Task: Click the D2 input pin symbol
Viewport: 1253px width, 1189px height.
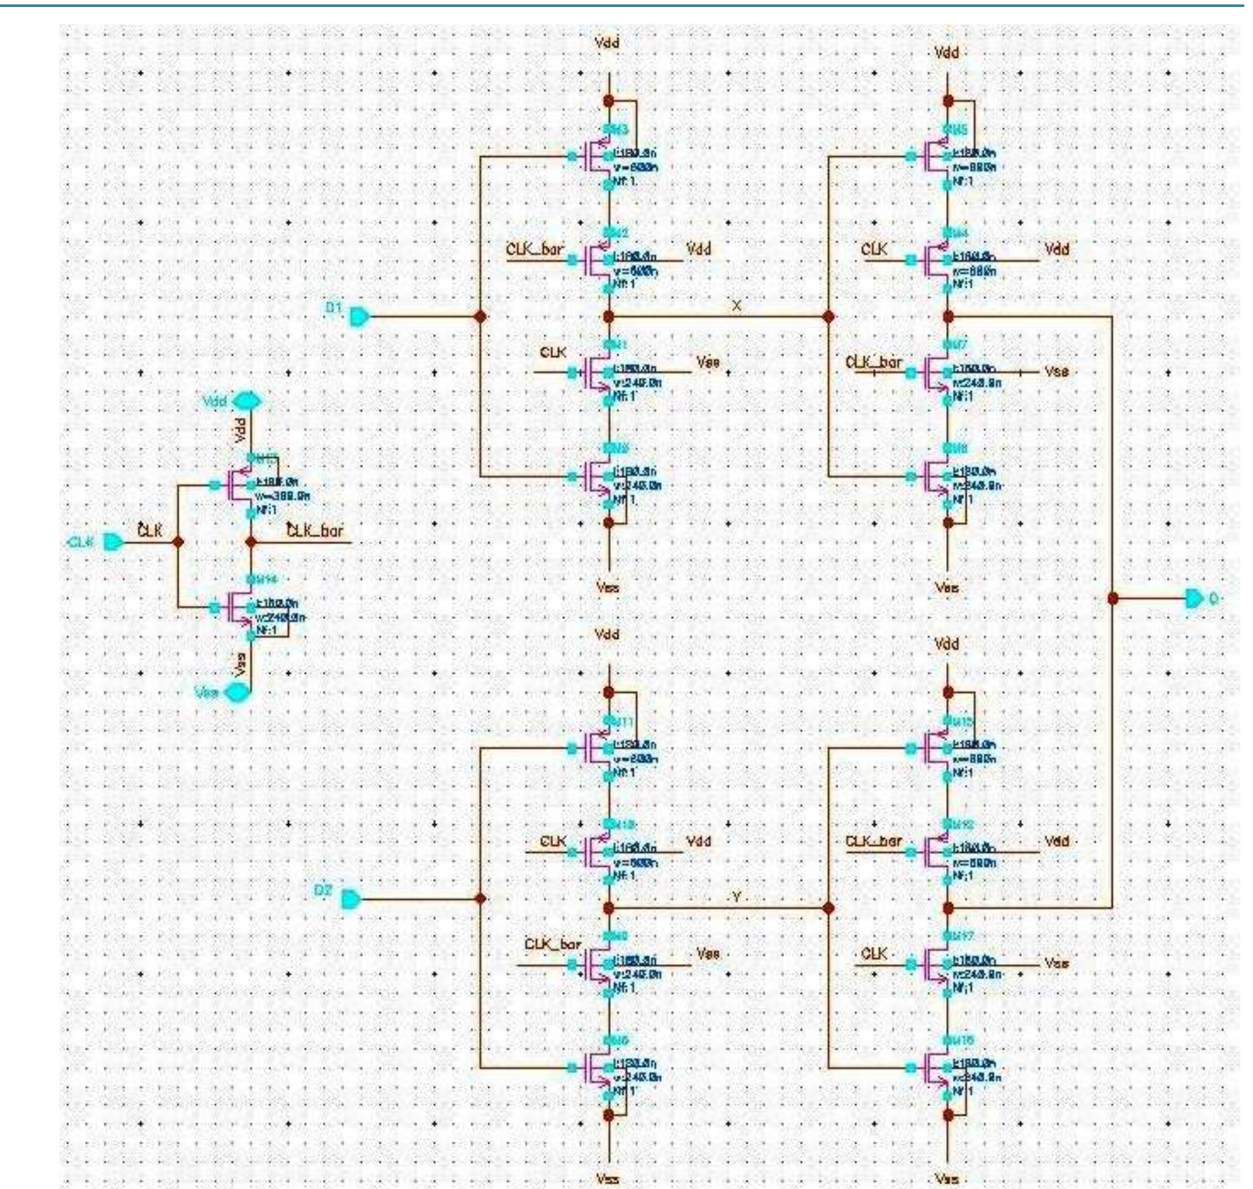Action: [351, 899]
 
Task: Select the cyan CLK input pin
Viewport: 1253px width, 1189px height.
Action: [113, 543]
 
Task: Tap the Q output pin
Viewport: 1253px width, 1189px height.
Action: [1194, 598]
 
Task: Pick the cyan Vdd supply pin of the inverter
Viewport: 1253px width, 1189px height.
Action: [247, 401]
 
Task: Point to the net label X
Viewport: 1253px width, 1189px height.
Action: [736, 306]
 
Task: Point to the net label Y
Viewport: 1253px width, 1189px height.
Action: [736, 897]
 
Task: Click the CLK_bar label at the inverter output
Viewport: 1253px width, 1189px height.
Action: [315, 531]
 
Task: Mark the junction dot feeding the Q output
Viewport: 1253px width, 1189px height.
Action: [1113, 598]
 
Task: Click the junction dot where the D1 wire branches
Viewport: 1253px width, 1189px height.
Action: [480, 317]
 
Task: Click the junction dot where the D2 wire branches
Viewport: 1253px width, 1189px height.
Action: [480, 899]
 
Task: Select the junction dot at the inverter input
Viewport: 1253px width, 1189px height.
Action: [178, 543]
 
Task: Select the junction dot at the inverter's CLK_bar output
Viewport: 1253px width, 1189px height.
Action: [251, 543]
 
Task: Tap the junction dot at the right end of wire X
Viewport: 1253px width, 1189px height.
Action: [828, 317]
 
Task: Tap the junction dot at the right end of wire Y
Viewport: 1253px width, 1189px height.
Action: [828, 909]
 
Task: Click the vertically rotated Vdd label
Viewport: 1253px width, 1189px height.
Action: [240, 430]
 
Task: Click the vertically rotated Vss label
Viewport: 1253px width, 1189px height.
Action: [240, 664]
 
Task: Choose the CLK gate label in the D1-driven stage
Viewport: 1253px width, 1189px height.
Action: [553, 353]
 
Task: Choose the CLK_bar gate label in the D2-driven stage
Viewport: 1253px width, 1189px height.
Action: [552, 945]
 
